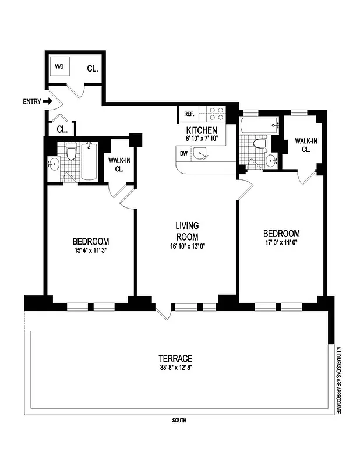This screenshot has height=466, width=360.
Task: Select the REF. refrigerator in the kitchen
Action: click(189, 114)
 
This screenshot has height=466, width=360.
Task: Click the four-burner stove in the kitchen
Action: click(217, 113)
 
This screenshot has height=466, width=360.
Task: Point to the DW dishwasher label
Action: click(184, 154)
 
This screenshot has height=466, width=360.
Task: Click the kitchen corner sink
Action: click(202, 154)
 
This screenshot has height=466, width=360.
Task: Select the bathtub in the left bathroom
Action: click(89, 162)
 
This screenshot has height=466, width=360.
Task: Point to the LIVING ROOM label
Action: click(188, 231)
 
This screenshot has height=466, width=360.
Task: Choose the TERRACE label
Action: click(175, 358)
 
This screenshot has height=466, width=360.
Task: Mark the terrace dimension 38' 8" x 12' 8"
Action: click(175, 368)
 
